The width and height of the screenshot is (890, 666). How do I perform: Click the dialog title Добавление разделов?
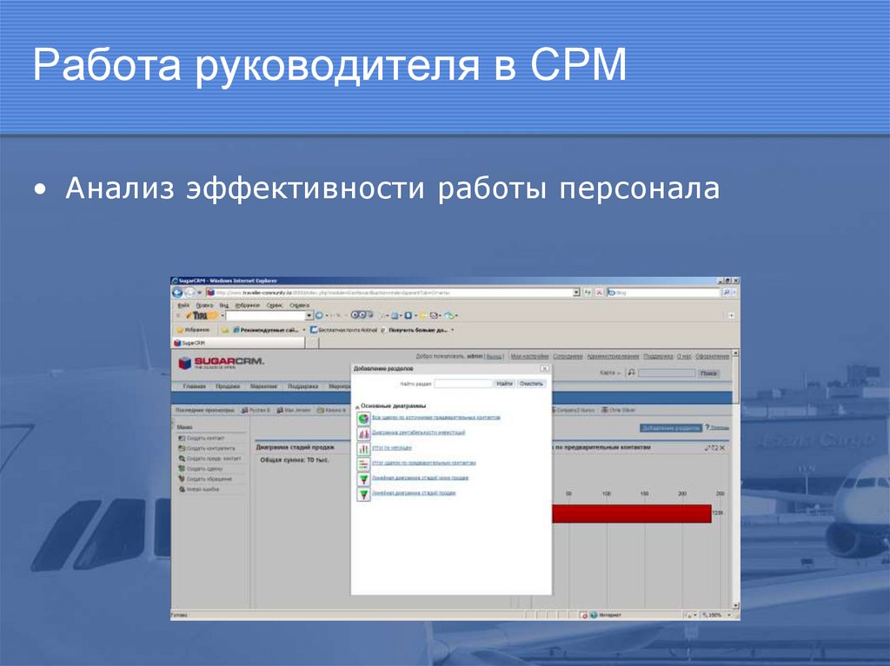click(377, 368)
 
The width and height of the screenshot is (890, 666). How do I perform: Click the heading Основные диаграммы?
click(393, 406)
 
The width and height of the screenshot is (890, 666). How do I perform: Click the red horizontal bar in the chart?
click(631, 513)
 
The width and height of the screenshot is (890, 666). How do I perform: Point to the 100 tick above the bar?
click(607, 493)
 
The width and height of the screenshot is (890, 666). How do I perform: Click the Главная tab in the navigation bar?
click(194, 386)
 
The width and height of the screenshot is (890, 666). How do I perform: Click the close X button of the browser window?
click(736, 281)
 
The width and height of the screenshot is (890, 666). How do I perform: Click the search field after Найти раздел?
click(462, 383)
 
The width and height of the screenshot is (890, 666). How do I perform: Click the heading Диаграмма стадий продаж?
click(296, 447)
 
